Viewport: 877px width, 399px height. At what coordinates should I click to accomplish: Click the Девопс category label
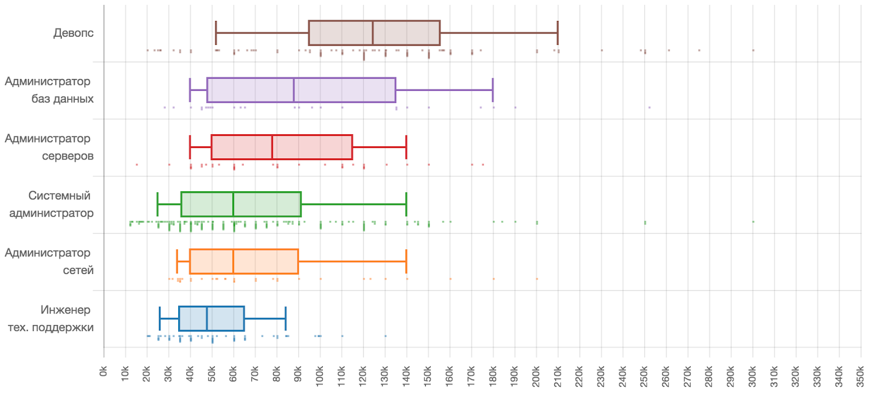coord(73,33)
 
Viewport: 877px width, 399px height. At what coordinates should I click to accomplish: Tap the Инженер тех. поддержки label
coord(51,318)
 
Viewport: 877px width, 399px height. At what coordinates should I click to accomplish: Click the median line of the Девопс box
coord(373,33)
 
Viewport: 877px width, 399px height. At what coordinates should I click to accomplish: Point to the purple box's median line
coord(294,90)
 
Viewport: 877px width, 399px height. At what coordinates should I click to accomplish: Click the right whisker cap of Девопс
coord(557,33)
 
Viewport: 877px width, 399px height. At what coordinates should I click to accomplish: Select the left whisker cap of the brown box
coord(216,33)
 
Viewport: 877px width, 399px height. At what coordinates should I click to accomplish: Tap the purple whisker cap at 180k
coord(493,90)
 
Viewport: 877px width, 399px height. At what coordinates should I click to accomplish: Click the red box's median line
coord(272,147)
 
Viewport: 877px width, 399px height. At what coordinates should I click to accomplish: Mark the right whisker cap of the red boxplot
coord(406,147)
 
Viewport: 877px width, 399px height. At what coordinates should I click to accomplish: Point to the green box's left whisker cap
coord(157,204)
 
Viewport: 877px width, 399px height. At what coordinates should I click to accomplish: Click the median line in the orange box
coord(234,261)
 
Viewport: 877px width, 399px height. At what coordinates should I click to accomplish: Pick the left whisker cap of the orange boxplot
coord(177,261)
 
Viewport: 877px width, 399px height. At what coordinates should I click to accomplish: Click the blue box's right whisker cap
coord(286,318)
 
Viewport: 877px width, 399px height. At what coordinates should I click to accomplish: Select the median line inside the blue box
coord(207,318)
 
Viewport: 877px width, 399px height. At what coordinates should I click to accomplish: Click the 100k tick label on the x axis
coord(320,376)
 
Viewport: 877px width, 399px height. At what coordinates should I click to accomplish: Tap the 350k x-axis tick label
coord(861,376)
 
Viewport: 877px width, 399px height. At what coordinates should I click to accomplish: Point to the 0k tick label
coord(104,372)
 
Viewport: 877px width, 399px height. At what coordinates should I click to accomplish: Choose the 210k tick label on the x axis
coord(558,376)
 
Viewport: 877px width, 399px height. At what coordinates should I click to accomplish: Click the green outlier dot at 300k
coord(753,221)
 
